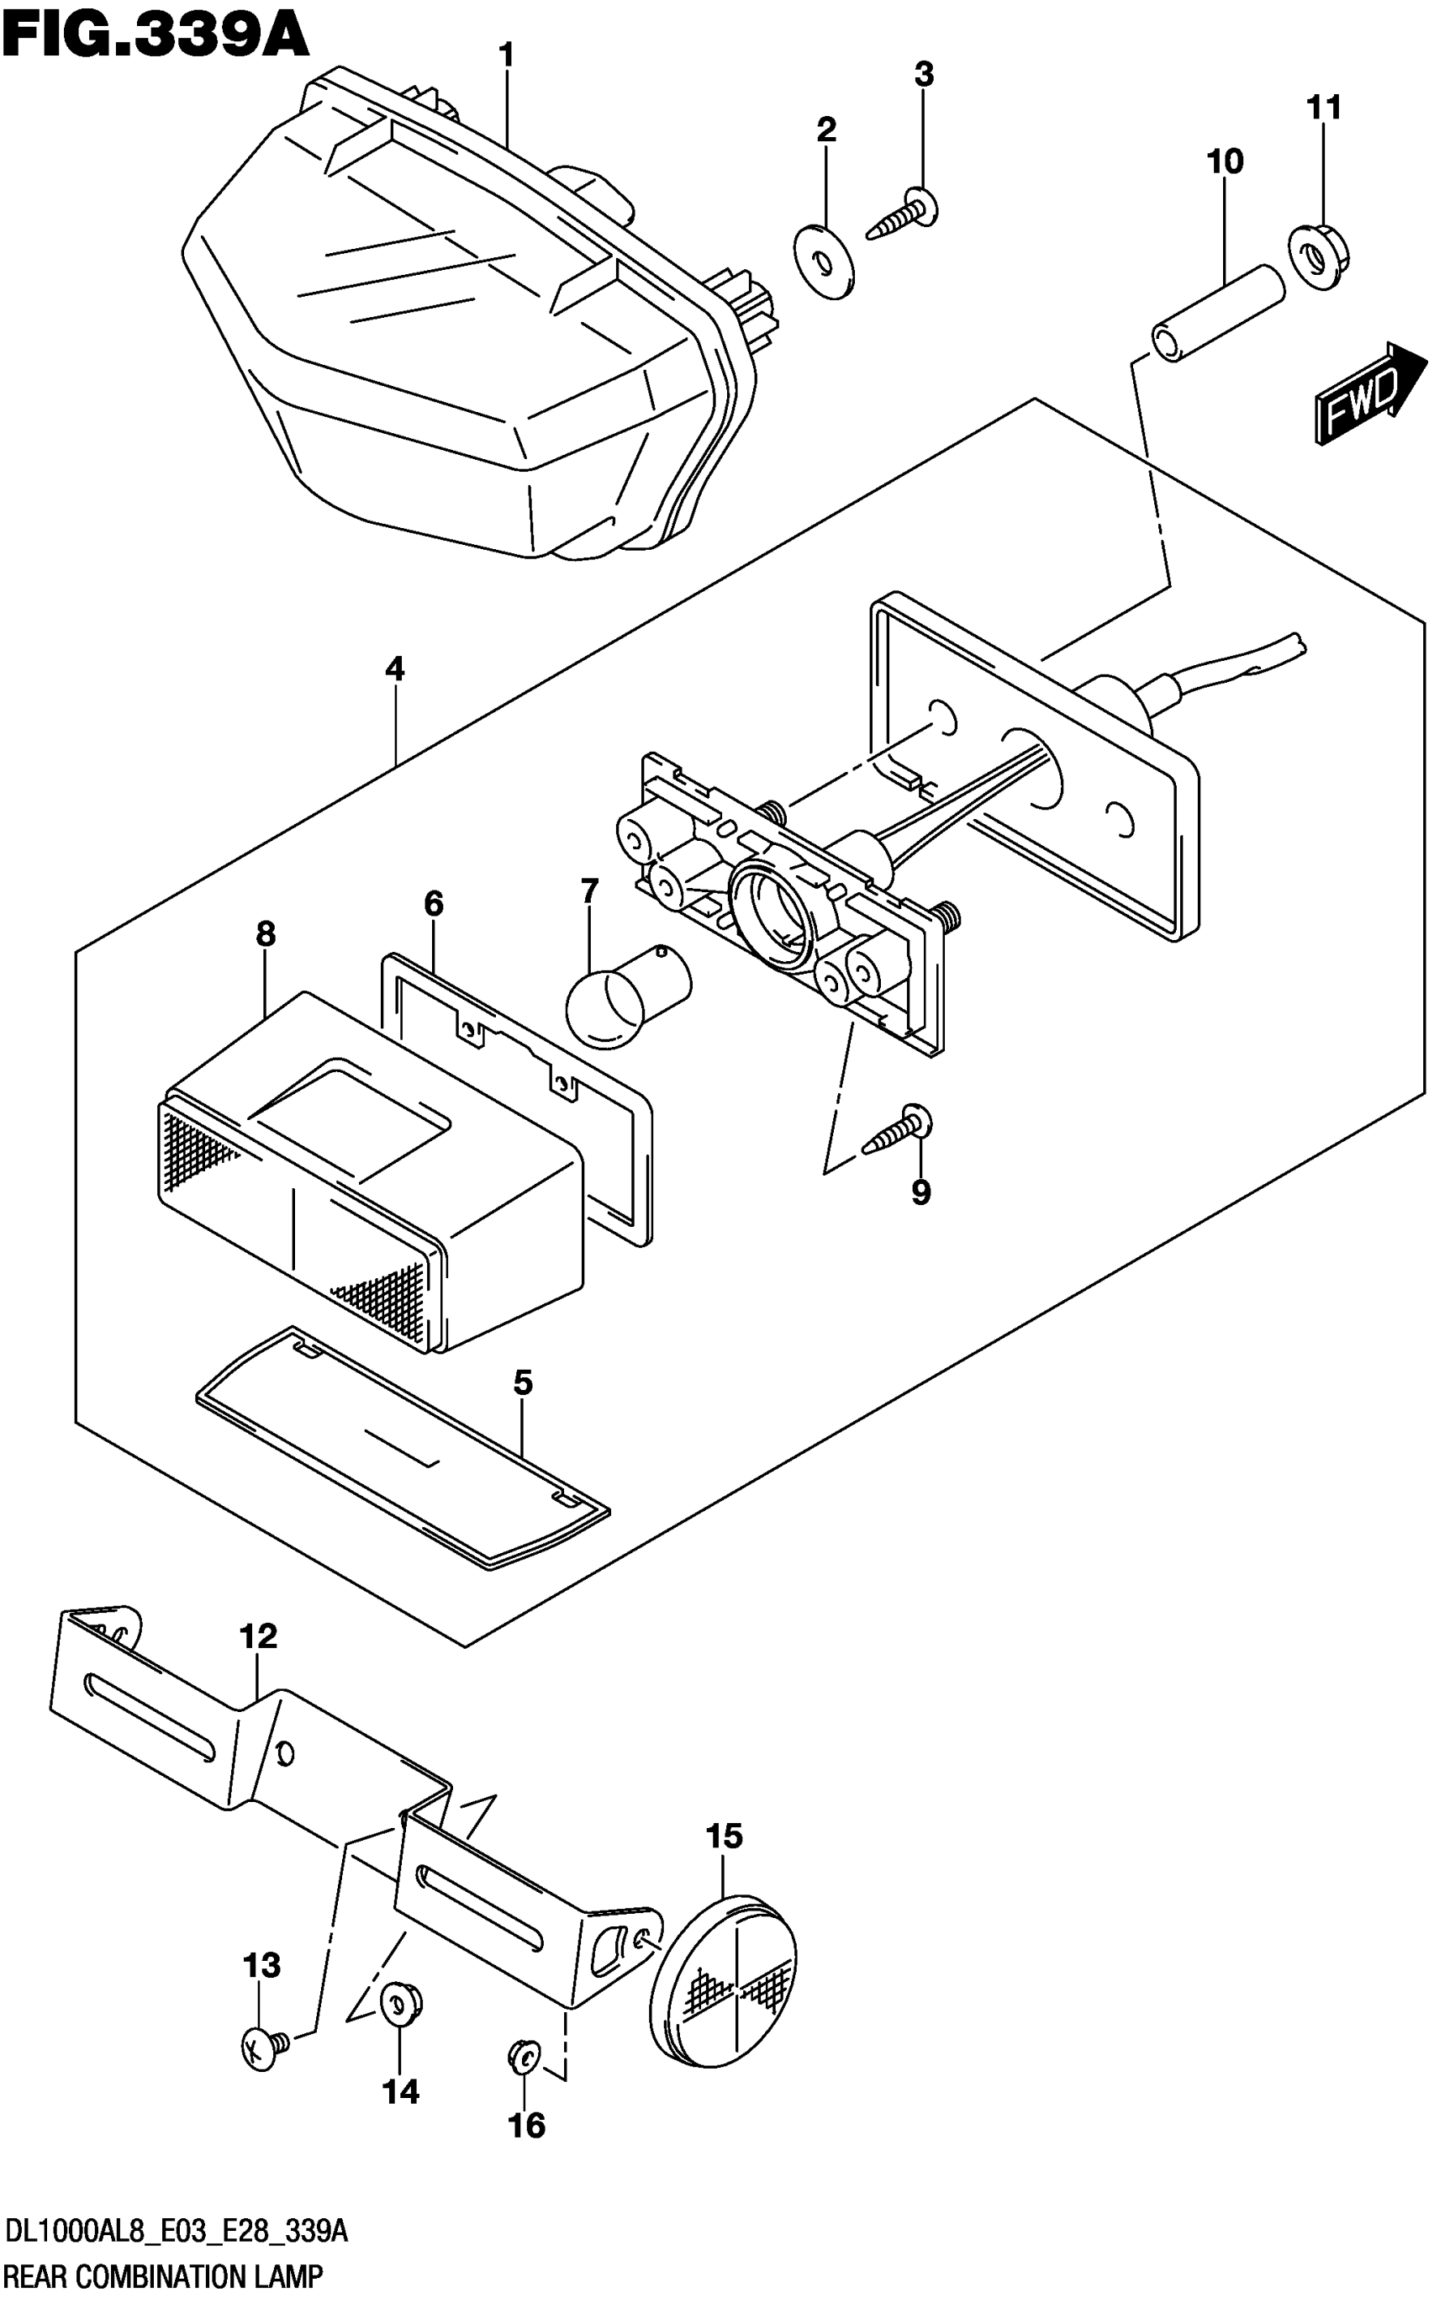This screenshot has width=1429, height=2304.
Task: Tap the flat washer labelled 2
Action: coord(824,261)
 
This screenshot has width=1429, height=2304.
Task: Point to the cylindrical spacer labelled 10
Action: coord(1218,314)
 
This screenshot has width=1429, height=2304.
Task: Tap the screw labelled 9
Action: coord(898,1131)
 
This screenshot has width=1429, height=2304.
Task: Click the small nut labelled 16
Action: coord(523,2055)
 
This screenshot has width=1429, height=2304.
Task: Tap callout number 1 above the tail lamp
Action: coord(507,55)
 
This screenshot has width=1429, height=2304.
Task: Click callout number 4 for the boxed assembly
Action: coord(394,669)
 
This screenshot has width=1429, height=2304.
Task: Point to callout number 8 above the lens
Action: coord(266,934)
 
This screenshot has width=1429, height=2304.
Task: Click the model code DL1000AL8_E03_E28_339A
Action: coord(177,2233)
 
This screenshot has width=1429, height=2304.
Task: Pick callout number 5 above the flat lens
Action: coord(523,1382)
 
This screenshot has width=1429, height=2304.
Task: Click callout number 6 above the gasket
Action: coord(433,904)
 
